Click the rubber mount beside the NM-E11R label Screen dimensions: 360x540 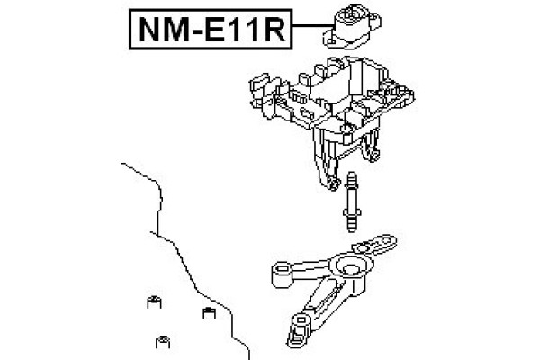pyautogui.click(x=346, y=28)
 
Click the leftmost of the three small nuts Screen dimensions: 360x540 pyautogui.click(x=154, y=302)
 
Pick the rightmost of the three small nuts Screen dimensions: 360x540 pyautogui.click(x=206, y=313)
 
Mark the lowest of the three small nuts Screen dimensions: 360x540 pyautogui.click(x=164, y=340)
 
